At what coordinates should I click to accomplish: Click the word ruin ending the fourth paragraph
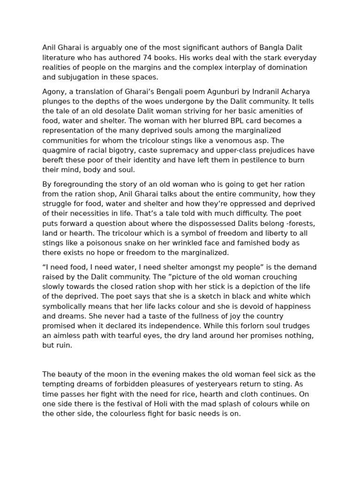coord(65,345)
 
